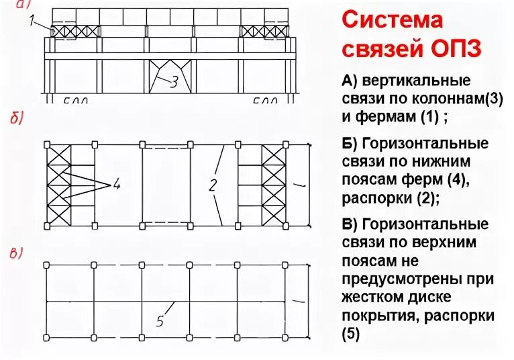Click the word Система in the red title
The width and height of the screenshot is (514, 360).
click(x=393, y=20)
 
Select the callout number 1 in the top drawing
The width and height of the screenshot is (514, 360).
click(x=32, y=21)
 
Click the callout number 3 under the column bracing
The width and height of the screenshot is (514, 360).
click(x=173, y=83)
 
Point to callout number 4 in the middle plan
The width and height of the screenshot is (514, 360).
click(x=116, y=183)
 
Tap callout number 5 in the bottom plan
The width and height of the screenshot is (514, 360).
click(x=159, y=320)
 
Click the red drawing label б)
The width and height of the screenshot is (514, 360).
click(x=17, y=120)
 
